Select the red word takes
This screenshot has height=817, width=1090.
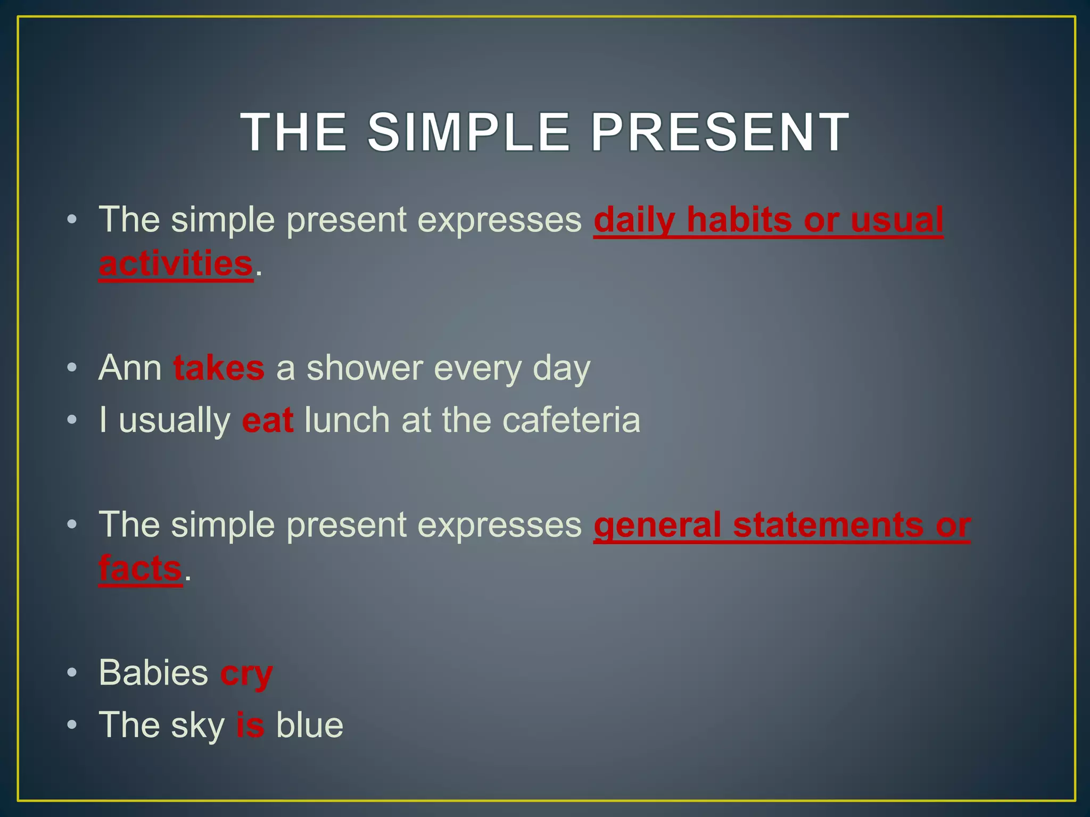219,368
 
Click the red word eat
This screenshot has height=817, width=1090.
267,420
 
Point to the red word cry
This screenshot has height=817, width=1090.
246,673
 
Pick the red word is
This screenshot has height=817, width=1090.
250,725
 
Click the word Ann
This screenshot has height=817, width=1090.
130,368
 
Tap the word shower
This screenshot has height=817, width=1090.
365,368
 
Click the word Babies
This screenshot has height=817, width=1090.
153,673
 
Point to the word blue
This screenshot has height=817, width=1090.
309,725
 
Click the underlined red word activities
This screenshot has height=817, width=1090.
176,264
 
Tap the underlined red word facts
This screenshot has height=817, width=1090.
141,569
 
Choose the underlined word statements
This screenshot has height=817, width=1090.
828,525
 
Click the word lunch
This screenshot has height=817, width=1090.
348,420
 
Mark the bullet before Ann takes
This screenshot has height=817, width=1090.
72,368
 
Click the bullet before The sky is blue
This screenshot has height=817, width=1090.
72,725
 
